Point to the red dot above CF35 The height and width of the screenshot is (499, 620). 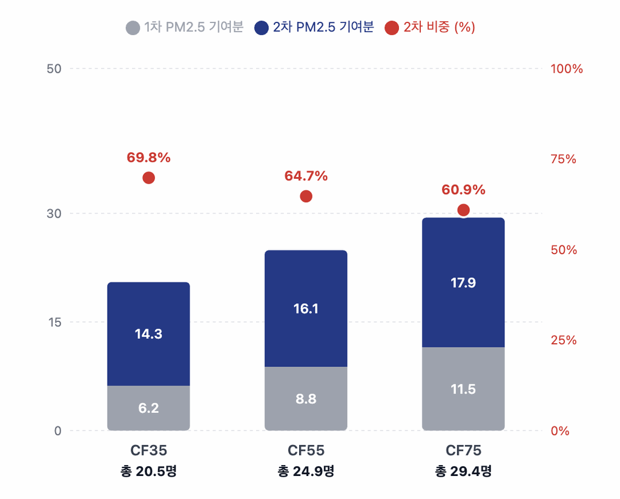(148, 178)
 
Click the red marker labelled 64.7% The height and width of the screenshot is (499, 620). (306, 196)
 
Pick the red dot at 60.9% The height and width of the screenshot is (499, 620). (463, 210)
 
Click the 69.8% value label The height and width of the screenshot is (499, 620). (148, 158)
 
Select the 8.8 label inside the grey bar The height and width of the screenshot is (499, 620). (306, 399)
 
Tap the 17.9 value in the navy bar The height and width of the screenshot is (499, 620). (463, 283)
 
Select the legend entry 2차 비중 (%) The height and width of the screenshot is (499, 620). (430, 27)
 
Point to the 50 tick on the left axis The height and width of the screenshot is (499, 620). (54, 69)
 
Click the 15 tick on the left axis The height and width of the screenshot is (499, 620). (54, 322)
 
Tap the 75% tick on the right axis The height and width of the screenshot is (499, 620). (563, 159)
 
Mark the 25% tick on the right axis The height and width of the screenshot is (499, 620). (563, 340)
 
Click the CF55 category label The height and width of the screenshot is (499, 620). (306, 450)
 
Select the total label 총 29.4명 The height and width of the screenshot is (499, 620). (463, 471)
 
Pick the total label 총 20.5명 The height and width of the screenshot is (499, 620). (148, 471)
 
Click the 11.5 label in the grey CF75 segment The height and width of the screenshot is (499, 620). (463, 389)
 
